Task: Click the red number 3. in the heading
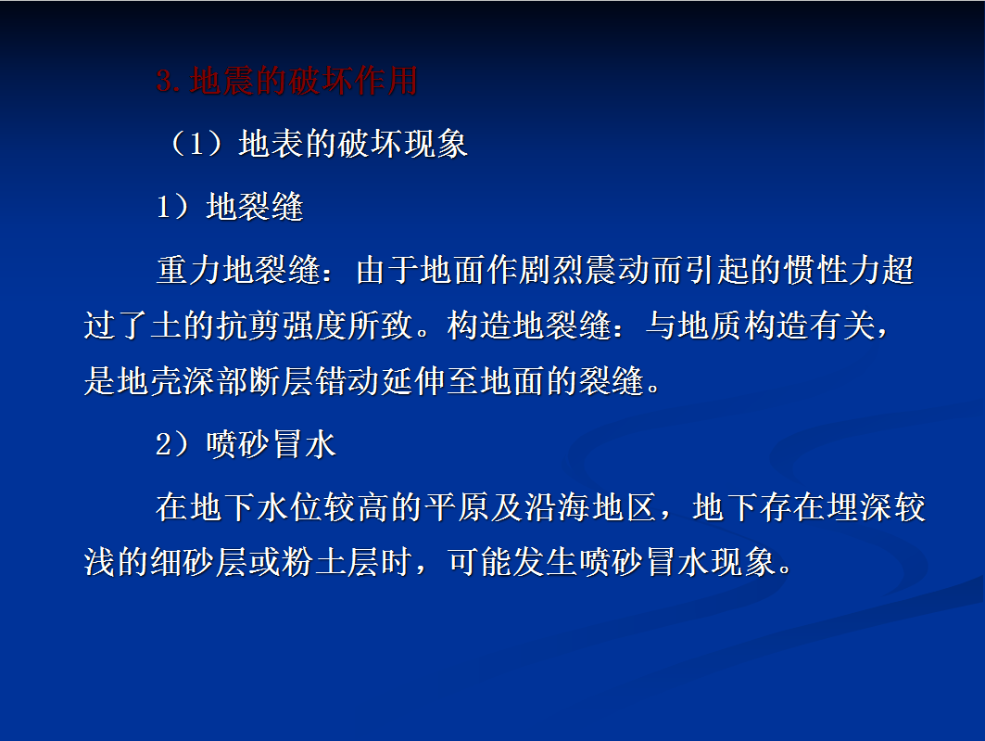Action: coord(169,81)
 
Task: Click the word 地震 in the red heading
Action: coord(222,81)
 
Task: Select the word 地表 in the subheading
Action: coord(272,144)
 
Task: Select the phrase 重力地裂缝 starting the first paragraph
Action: coord(239,270)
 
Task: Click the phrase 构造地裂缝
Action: coord(529,326)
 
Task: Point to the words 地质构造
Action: coord(744,326)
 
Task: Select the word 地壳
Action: coord(149,381)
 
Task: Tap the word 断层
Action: coord(281,381)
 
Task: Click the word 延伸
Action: coord(413,381)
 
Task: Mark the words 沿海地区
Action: coord(589,507)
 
